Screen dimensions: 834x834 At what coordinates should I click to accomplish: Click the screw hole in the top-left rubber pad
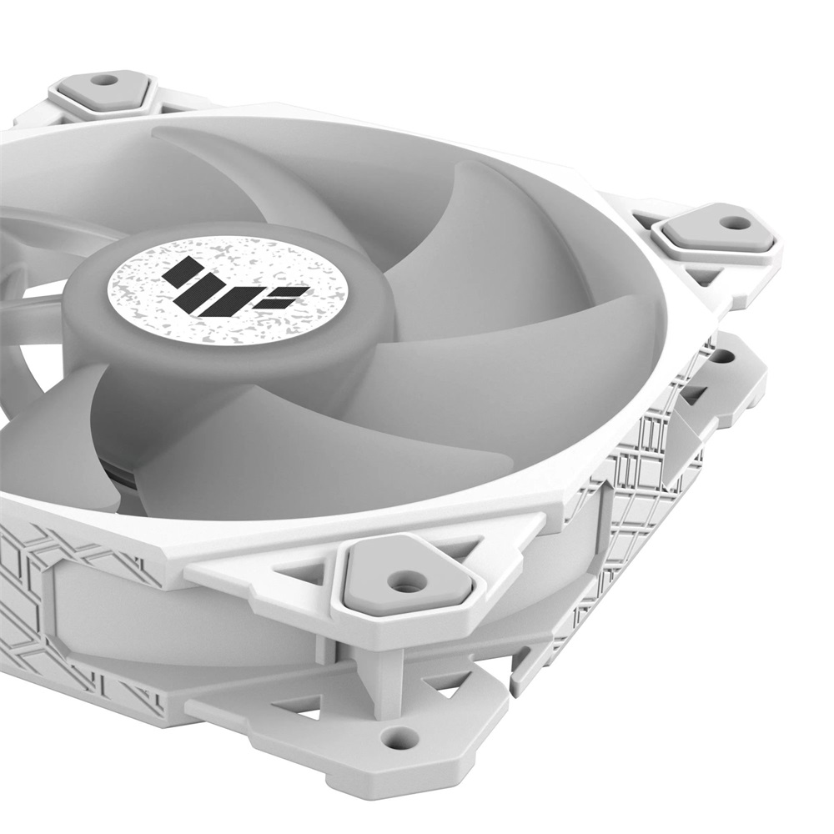point(104,81)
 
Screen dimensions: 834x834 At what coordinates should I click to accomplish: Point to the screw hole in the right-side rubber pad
point(734,223)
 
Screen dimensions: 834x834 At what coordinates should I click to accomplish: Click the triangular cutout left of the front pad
point(304,575)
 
